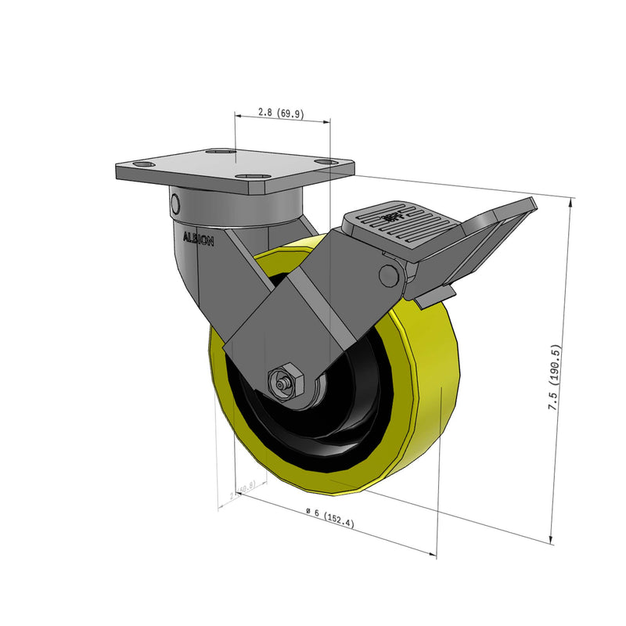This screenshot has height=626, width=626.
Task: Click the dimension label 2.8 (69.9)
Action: (x=281, y=113)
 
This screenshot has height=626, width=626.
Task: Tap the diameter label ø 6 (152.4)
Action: (x=329, y=517)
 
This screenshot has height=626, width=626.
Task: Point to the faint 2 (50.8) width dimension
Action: (x=243, y=490)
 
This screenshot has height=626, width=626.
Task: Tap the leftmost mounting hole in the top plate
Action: (x=143, y=165)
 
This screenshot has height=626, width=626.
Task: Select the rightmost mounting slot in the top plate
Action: (x=323, y=161)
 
